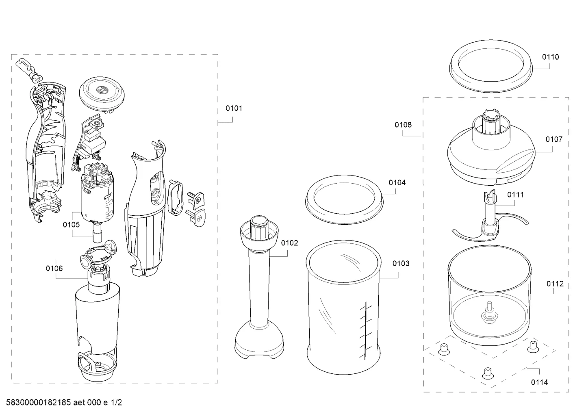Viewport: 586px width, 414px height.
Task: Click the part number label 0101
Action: coord(234,108)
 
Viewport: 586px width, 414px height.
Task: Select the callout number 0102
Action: coord(289,243)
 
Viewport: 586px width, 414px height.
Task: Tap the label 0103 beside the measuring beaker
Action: coord(401,263)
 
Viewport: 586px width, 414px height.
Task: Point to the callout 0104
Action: coord(397,182)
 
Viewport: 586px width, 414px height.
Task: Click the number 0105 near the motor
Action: coord(71,224)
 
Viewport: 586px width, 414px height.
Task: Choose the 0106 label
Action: coord(54,268)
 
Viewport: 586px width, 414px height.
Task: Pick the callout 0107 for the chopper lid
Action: coord(554,139)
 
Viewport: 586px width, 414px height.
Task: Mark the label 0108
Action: coord(403,125)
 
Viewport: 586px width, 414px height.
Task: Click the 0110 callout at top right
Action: coord(550,57)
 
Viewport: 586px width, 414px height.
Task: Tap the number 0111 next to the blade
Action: coord(515,195)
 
